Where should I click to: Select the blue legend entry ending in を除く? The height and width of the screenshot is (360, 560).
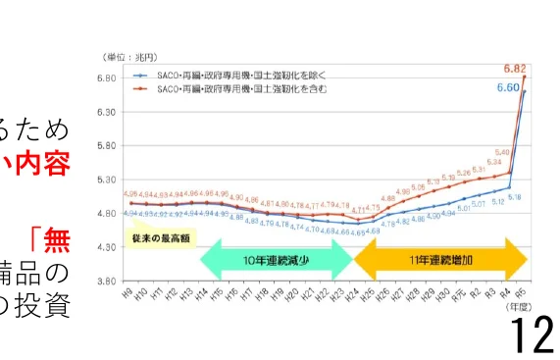pyautogui.click(x=232, y=75)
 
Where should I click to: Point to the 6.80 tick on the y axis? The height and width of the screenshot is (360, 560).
pyautogui.click(x=109, y=77)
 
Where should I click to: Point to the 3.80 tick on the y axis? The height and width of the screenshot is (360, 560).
pyautogui.click(x=109, y=282)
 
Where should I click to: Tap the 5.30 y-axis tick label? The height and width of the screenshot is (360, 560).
pyautogui.click(x=109, y=180)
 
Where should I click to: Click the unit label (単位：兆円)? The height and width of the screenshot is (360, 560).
pyautogui.click(x=129, y=56)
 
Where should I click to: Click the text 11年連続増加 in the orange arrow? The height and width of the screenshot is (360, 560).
pyautogui.click(x=441, y=262)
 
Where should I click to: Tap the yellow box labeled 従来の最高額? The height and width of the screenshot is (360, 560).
pyautogui.click(x=160, y=238)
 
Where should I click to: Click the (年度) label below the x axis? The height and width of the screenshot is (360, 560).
pyautogui.click(x=530, y=307)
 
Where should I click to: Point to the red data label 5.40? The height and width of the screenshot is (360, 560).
pyautogui.click(x=503, y=153)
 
